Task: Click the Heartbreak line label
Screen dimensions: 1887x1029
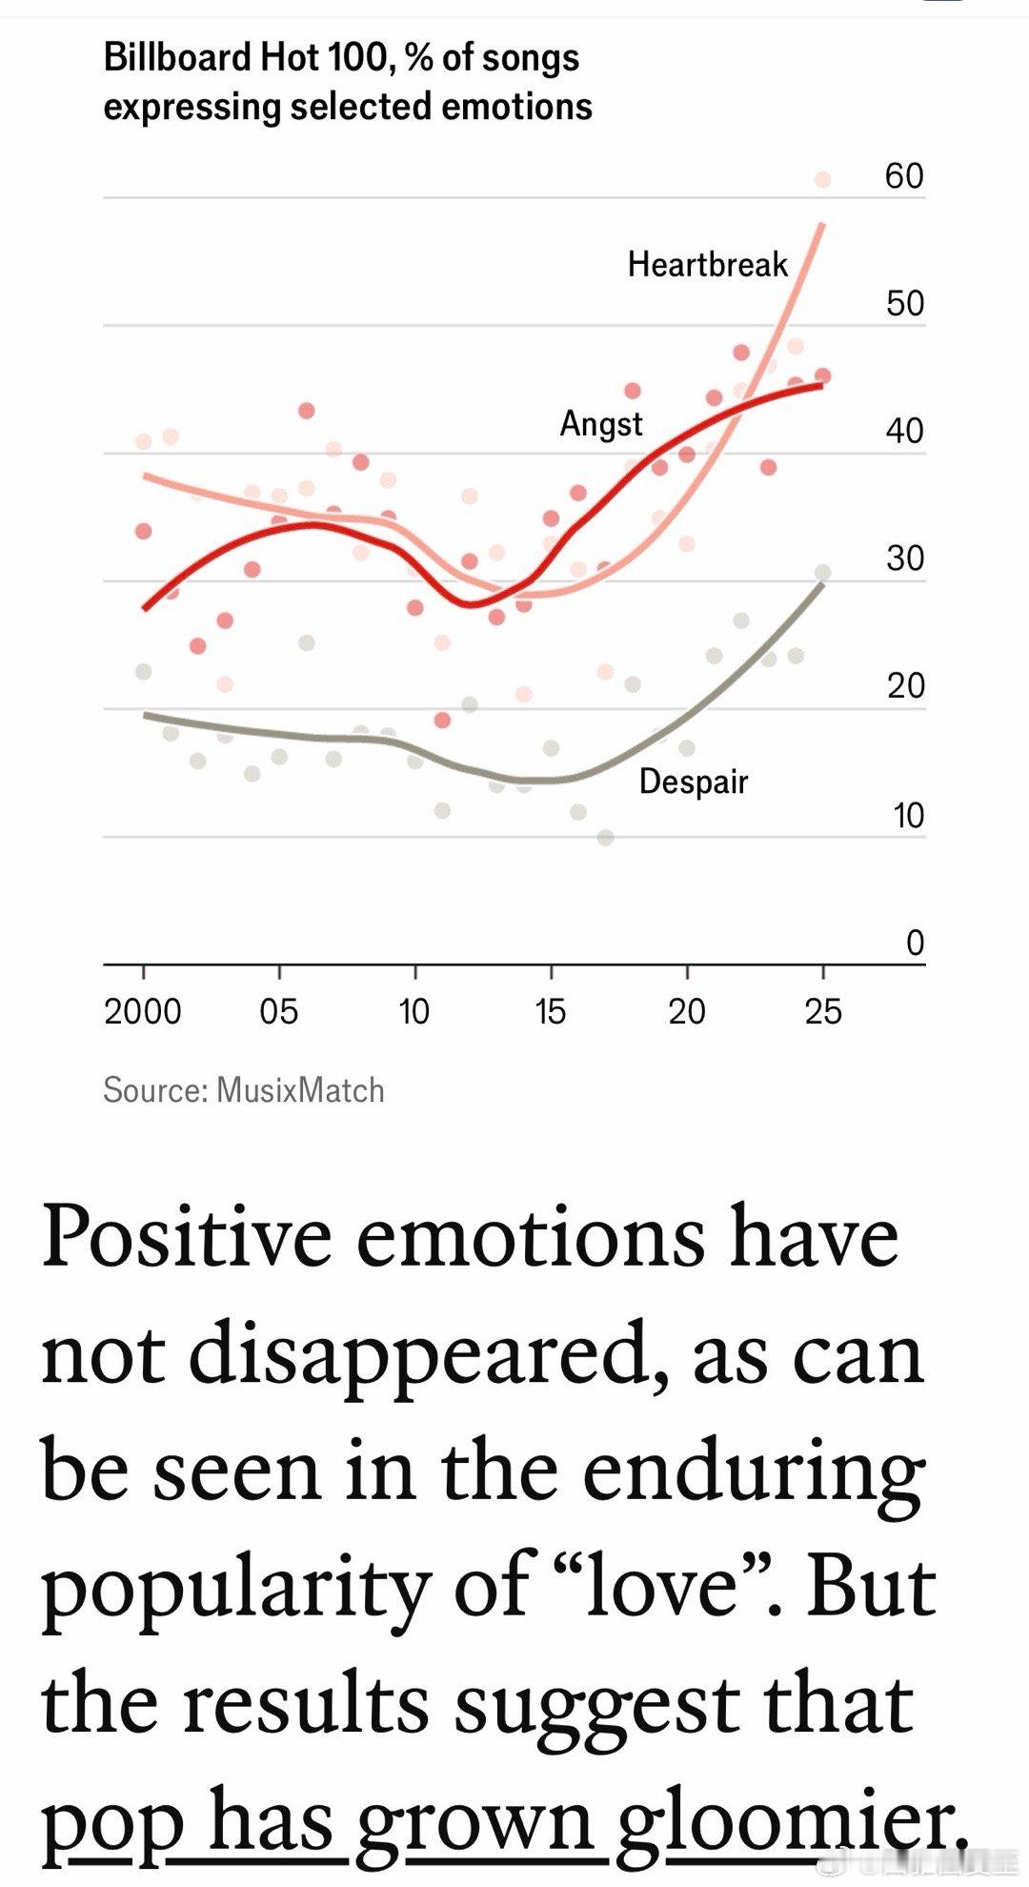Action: click(707, 264)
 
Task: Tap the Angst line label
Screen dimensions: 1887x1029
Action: click(600, 423)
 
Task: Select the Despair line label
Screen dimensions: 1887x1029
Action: click(693, 781)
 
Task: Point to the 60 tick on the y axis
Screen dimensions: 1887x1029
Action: click(903, 176)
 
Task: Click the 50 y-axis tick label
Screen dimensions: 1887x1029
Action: click(904, 303)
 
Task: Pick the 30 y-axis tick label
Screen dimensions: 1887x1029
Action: click(904, 558)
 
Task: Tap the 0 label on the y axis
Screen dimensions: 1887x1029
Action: click(915, 943)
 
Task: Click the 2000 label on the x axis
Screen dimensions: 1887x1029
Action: click(143, 1011)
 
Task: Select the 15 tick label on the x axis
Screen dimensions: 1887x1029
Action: click(550, 1011)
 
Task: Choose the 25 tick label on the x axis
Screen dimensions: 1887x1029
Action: click(822, 1011)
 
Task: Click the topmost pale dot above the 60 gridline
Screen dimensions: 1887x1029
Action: click(822, 179)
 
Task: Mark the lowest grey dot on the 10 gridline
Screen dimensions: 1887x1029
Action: click(605, 838)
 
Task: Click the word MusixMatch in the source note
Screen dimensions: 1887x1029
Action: click(300, 1089)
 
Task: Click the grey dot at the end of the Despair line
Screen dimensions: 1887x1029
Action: click(822, 573)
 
